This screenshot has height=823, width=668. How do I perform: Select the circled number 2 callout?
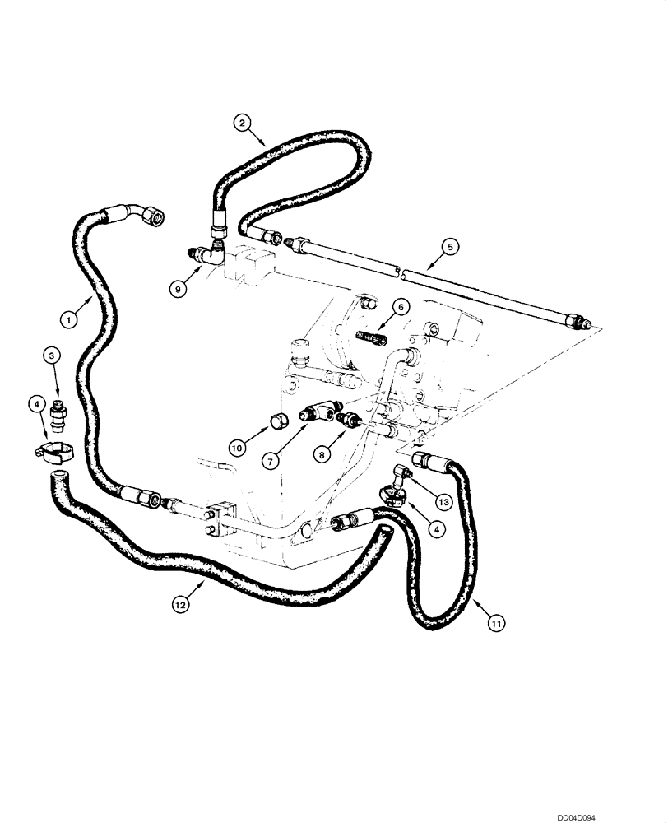click(x=241, y=123)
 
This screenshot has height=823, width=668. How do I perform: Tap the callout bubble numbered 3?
click(x=53, y=356)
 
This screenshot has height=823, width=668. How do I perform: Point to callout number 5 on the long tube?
click(x=448, y=245)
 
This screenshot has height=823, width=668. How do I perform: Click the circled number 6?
click(x=400, y=306)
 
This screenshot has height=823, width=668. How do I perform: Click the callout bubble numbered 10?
click(x=236, y=448)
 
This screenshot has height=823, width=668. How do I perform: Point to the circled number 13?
click(x=443, y=501)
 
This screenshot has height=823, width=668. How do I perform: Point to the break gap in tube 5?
click(x=397, y=269)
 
